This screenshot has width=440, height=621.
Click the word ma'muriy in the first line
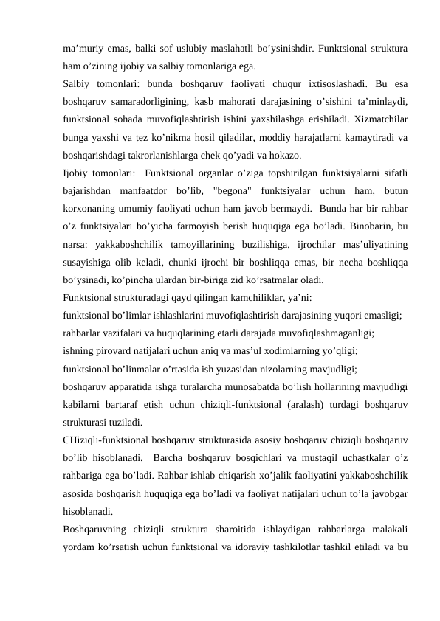pos(83,48)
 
